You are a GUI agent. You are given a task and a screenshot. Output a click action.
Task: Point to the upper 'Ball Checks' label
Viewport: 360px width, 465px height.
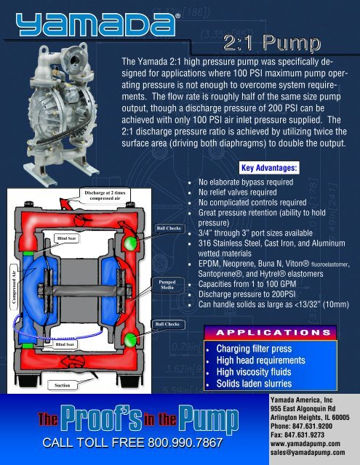169,228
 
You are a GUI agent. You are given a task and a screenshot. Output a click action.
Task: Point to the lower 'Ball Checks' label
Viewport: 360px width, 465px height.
169,323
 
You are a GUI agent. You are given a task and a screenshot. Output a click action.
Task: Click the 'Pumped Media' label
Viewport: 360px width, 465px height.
167,283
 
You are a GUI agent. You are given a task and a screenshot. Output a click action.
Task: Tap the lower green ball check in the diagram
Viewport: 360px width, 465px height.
129,339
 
